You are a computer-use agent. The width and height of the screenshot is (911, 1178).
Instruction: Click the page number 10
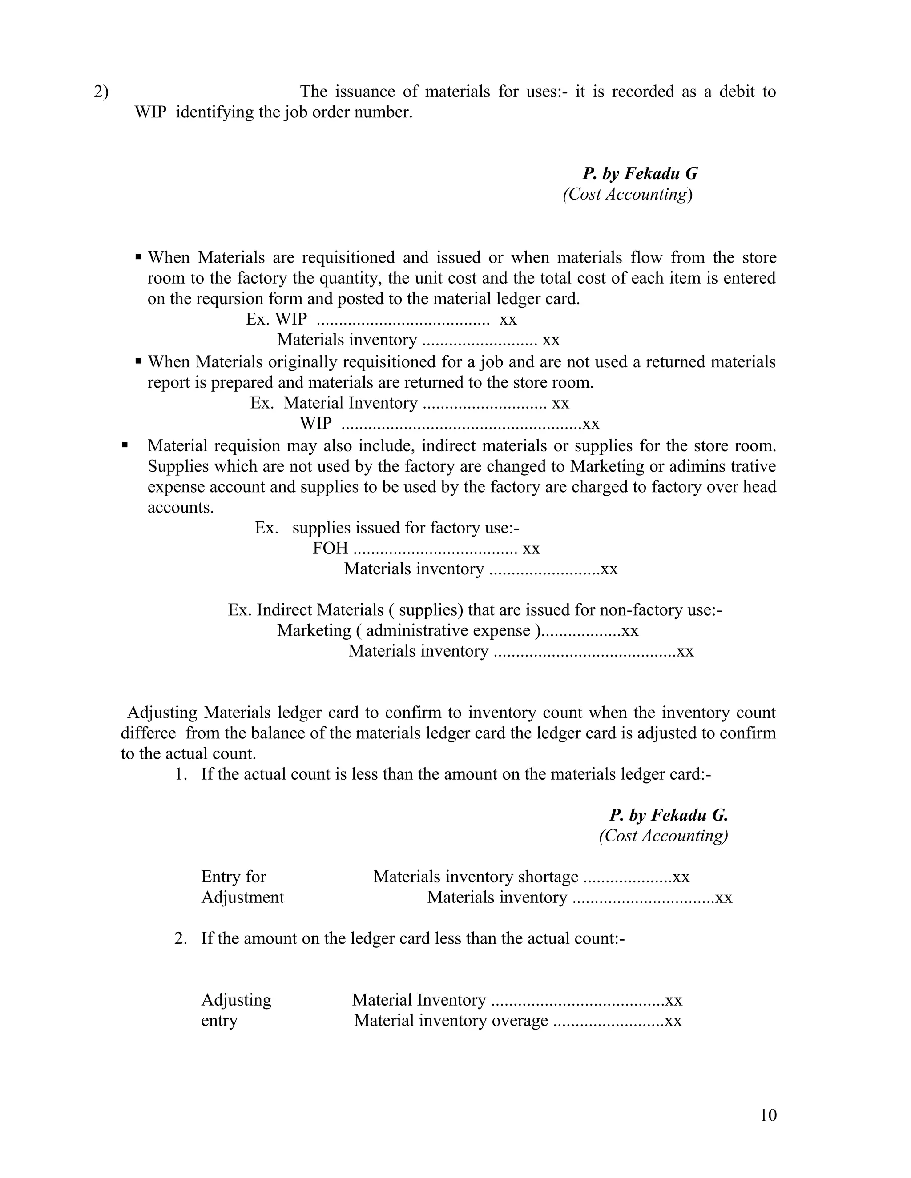tap(768, 1115)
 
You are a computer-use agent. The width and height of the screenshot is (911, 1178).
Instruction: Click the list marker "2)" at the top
tap(101, 92)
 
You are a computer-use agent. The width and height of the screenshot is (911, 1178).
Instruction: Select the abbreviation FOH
tap(331, 549)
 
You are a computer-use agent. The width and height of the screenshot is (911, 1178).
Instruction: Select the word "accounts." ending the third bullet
tap(180, 508)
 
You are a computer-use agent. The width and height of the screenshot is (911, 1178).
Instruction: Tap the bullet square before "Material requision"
tap(125, 445)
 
